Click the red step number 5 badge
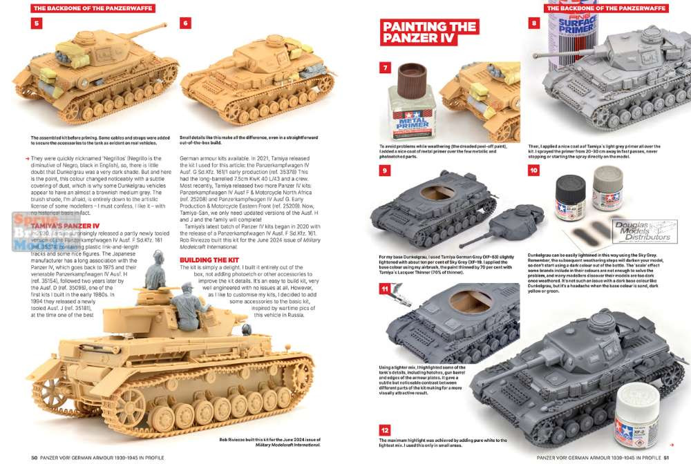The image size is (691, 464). pyautogui.click(x=37, y=23)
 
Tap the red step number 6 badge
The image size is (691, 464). pyautogui.click(x=185, y=23)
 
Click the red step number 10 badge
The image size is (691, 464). pyautogui.click(x=533, y=171)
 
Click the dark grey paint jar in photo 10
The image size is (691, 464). pyautogui.click(x=566, y=202)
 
